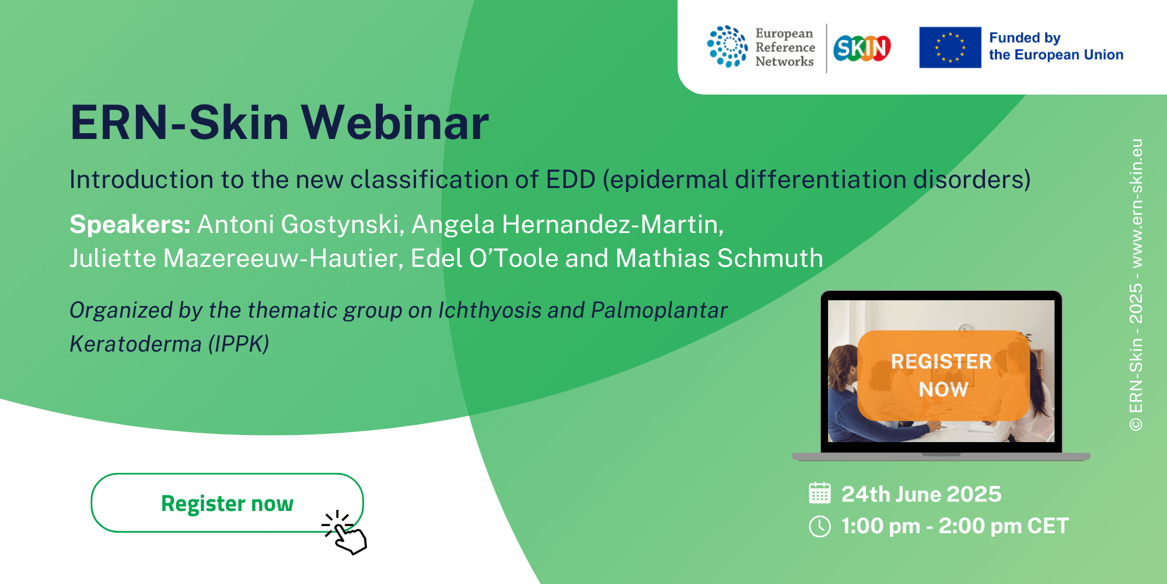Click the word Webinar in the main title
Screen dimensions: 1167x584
pos(395,123)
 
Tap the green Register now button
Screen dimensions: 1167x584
pos(227,502)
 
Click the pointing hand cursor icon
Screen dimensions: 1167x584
pos(345,533)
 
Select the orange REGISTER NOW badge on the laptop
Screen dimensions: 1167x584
pos(942,376)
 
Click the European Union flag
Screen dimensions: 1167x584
pos(950,47)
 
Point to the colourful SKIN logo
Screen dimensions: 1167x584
pos(862,48)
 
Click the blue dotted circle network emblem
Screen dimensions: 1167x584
pos(727,47)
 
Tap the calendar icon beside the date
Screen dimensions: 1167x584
pos(820,493)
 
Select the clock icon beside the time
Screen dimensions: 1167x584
pos(820,526)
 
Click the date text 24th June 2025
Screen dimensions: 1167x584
pos(921,494)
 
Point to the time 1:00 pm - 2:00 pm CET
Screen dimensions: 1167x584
pos(955,526)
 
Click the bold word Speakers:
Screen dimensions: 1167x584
pos(130,225)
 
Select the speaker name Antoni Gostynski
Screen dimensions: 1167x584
pos(301,225)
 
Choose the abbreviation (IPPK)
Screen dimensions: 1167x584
pos(239,344)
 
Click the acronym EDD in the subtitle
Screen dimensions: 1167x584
pos(571,179)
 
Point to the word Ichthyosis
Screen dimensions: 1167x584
pos(490,311)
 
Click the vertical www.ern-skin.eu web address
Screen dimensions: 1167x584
pos(1135,203)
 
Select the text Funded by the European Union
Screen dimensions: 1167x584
pos(1056,46)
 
